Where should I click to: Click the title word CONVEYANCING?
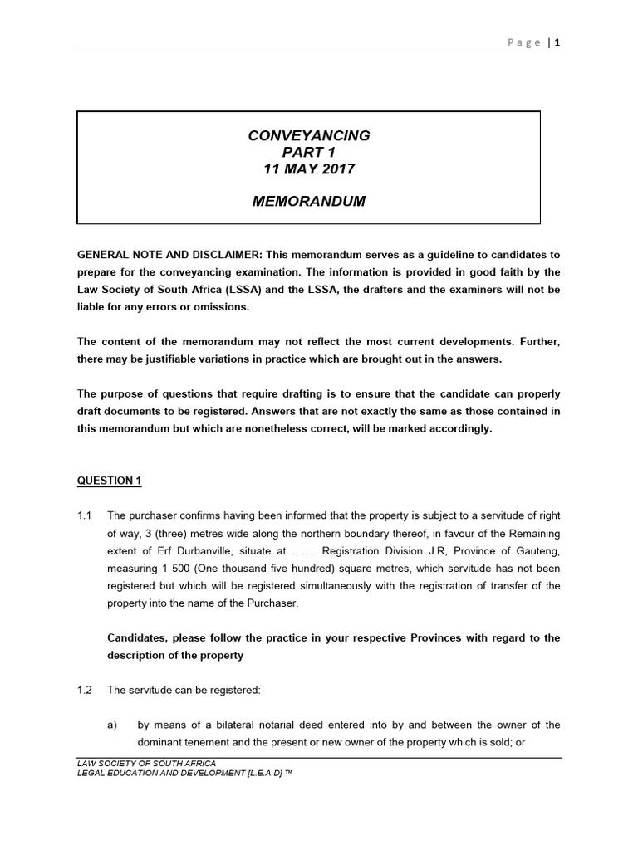[x=309, y=135]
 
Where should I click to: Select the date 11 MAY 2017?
[x=309, y=169]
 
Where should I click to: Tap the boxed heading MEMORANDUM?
[x=309, y=202]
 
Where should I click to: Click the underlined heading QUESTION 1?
[x=105, y=481]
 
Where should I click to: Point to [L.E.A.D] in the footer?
[x=255, y=773]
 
